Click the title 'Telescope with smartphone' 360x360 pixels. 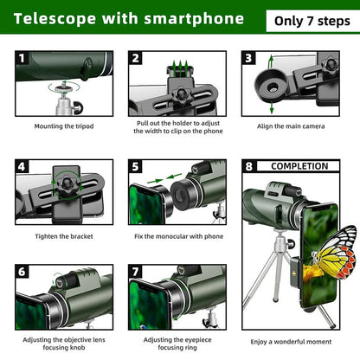click(x=126, y=19)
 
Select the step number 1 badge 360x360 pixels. click(x=23, y=59)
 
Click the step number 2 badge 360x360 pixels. click(x=137, y=59)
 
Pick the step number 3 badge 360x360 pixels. click(x=249, y=59)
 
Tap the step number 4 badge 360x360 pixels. click(x=23, y=166)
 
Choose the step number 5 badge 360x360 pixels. click(x=137, y=166)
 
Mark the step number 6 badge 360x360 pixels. click(x=23, y=272)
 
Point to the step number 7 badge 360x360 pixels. click(x=137, y=272)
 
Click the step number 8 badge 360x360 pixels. click(x=249, y=166)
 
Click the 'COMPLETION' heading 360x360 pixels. click(x=299, y=166)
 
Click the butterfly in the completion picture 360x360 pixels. click(x=336, y=250)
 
